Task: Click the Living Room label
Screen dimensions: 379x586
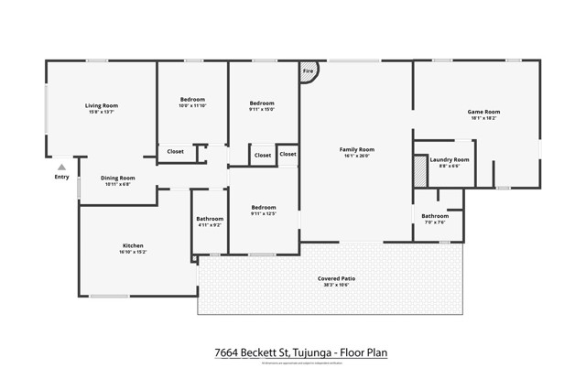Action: point(102,105)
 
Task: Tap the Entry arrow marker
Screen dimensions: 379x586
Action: point(60,168)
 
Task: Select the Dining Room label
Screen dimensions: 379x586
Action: point(117,178)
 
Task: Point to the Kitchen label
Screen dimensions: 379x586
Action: point(133,245)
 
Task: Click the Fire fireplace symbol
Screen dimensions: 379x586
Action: point(308,71)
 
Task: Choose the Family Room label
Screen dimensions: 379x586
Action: point(356,149)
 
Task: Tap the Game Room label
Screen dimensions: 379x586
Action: point(483,112)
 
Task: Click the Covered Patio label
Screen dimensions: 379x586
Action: point(336,277)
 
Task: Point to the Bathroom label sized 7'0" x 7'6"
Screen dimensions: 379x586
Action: point(435,216)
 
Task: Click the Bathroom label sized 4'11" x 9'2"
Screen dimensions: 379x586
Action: point(210,219)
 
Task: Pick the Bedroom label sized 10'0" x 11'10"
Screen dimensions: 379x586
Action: point(191,99)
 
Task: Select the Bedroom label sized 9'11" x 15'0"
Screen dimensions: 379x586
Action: point(261,103)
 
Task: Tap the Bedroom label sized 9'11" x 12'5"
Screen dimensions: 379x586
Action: point(263,207)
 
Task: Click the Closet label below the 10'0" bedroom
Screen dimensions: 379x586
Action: point(175,151)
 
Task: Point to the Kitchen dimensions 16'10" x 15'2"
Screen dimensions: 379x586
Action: point(133,252)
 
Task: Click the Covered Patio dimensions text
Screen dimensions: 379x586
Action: point(336,284)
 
